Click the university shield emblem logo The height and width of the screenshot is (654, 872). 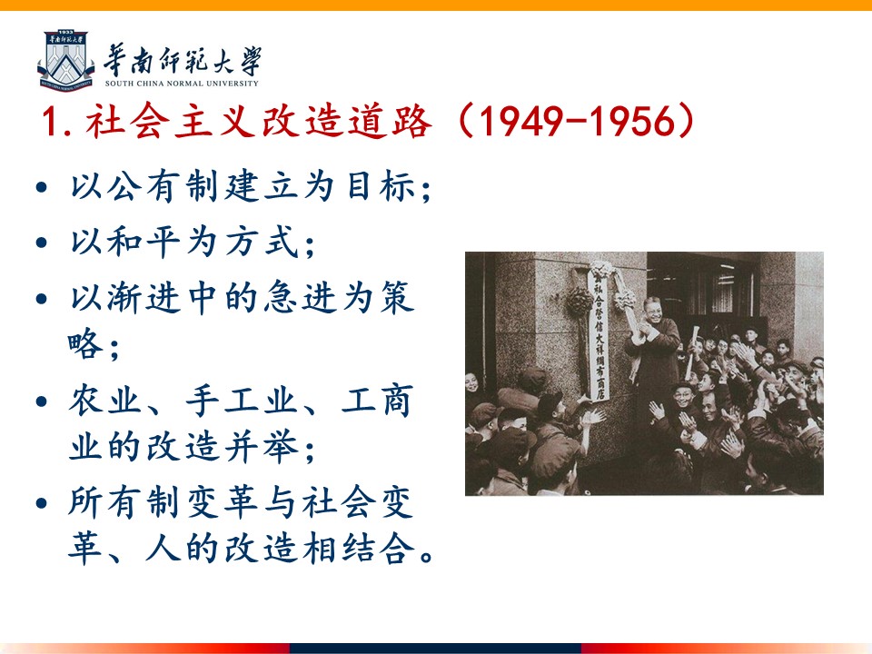(65, 60)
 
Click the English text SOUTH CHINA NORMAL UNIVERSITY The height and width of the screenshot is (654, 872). (182, 84)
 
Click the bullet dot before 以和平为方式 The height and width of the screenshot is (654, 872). (41, 243)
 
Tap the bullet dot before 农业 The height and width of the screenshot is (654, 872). (41, 401)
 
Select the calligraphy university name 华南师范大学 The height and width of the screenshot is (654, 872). (183, 60)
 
